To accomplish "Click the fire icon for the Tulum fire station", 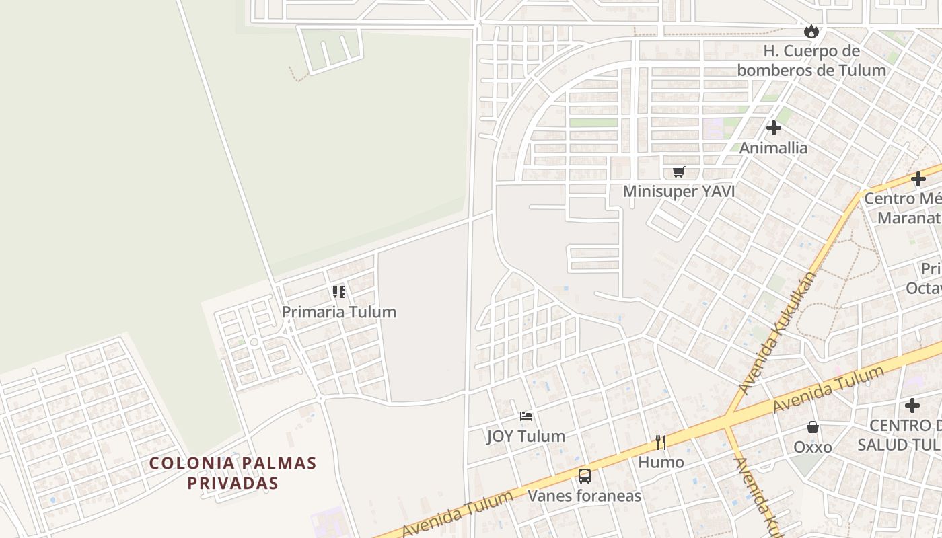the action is pyautogui.click(x=811, y=31).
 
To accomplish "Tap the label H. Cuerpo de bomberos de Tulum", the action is pyautogui.click(x=811, y=61).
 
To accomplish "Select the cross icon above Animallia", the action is pyautogui.click(x=774, y=127).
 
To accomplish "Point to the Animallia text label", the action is pyautogui.click(x=774, y=147).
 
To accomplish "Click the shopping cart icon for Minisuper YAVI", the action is pyautogui.click(x=678, y=171).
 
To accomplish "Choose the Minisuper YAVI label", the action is pyautogui.click(x=678, y=192).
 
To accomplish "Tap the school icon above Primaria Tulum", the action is pyautogui.click(x=339, y=292).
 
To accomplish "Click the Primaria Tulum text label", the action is pyautogui.click(x=339, y=312).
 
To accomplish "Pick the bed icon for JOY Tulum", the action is pyautogui.click(x=526, y=416).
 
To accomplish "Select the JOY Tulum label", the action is pyautogui.click(x=526, y=436).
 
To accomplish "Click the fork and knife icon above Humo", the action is pyautogui.click(x=661, y=442).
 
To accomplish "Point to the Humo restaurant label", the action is pyautogui.click(x=661, y=462).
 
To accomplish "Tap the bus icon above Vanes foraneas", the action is pyautogui.click(x=585, y=476).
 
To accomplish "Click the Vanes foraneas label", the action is pyautogui.click(x=585, y=496).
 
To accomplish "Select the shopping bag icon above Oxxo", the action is pyautogui.click(x=813, y=427).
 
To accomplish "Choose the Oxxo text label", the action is pyautogui.click(x=813, y=447).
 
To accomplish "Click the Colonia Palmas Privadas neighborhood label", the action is pyautogui.click(x=233, y=473).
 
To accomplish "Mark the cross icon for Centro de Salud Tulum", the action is pyautogui.click(x=912, y=406).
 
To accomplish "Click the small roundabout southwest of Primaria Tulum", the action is pyautogui.click(x=254, y=342).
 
